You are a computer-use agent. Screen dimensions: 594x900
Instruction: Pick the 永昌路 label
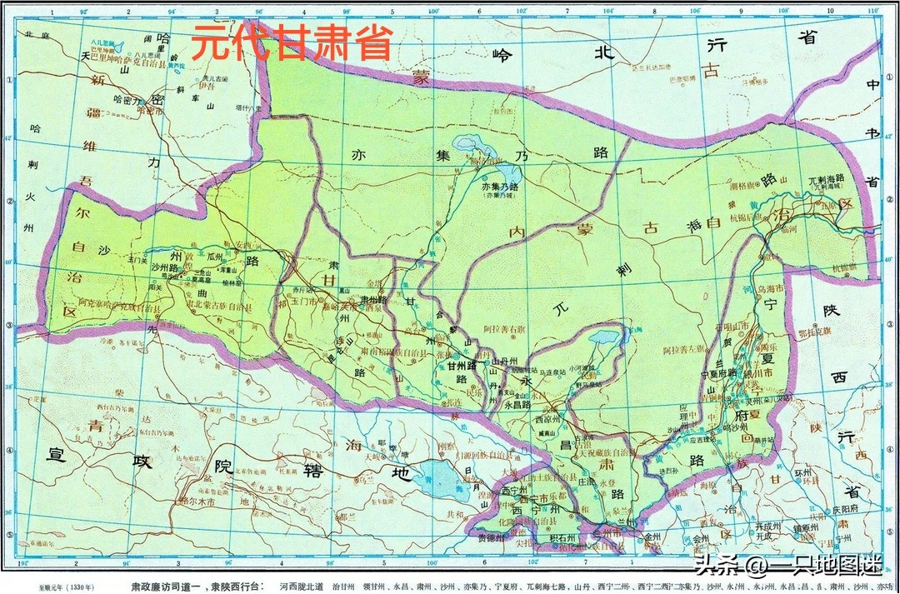click(518, 406)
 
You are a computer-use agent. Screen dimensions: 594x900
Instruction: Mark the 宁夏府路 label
click(722, 372)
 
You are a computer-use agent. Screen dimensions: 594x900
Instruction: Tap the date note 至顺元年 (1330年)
click(62, 587)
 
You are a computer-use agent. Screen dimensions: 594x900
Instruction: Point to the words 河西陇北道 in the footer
click(305, 586)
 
